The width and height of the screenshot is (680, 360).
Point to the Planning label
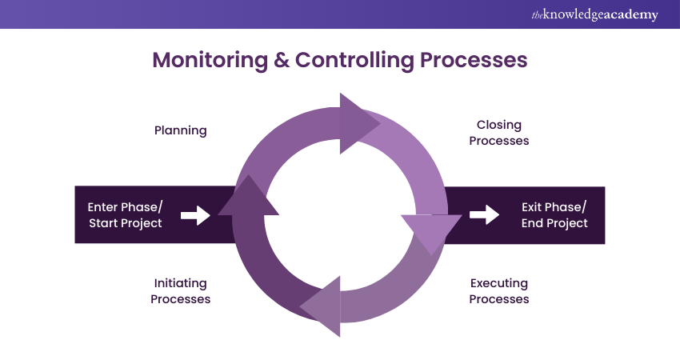(181, 130)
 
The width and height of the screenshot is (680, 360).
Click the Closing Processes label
(498, 133)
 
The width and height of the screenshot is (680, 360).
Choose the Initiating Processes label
(181, 291)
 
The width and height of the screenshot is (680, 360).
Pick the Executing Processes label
(498, 291)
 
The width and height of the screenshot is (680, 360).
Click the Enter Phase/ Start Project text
(125, 215)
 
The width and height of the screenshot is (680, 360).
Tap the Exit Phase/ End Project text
(554, 215)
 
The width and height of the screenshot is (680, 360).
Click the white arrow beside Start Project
(195, 215)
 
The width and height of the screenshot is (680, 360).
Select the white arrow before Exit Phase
(483, 214)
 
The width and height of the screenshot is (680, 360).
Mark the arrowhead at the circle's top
(358, 122)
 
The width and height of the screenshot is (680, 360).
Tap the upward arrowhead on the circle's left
(248, 197)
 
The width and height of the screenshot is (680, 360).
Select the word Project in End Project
(567, 223)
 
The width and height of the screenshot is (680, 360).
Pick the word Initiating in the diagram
(180, 283)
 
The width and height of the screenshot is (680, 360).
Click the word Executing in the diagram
(498, 283)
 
